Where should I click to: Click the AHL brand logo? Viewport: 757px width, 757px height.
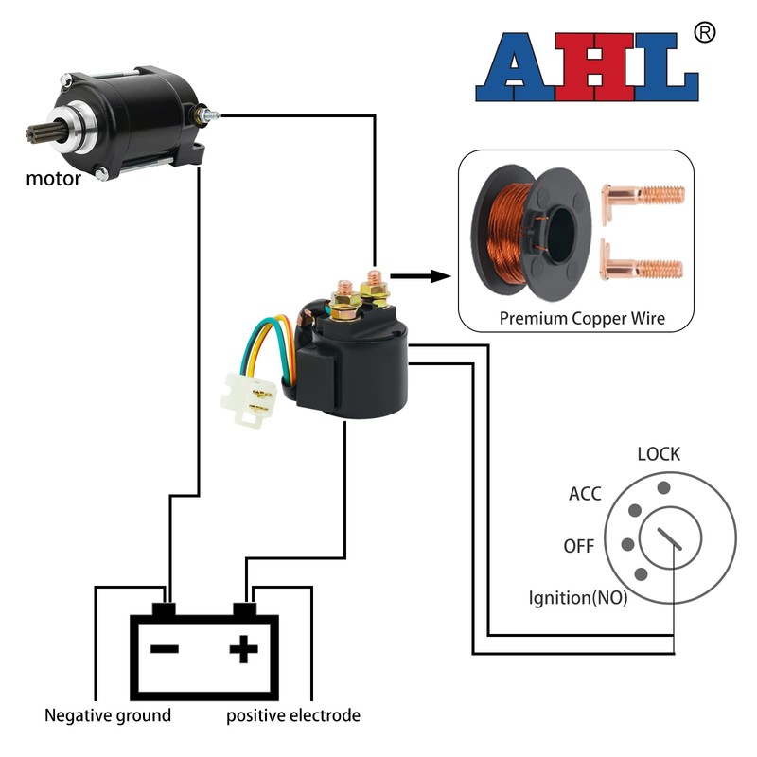pos(586,70)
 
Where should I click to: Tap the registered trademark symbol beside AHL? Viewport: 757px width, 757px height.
pos(704,32)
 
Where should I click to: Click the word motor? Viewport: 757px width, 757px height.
pos(53,178)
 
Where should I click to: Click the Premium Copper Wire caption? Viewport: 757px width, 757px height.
pos(582,318)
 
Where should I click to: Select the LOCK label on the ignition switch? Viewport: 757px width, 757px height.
pos(659,454)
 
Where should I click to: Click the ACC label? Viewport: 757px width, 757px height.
pos(585,494)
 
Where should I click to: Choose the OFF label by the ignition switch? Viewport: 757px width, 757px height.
pos(578,546)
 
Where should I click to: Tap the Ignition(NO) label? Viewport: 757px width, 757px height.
pos(577,598)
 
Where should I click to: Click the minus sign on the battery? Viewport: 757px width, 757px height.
pos(165,649)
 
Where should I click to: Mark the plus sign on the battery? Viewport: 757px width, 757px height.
pos(243,649)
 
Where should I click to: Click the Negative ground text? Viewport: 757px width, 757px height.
pos(108,715)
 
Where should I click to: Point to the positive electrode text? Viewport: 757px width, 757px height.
pos(293,715)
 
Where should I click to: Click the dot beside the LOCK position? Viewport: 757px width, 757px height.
pos(664,487)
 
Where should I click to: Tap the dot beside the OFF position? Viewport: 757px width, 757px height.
pos(625,545)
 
